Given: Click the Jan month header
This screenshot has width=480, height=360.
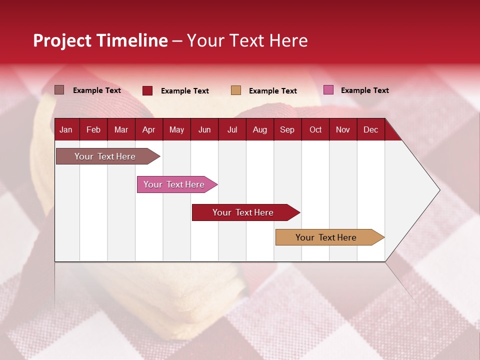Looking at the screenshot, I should point(66,129).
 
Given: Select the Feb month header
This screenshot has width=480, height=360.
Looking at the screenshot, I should point(93,129).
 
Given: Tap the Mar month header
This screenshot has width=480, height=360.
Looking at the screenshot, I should point(121,129).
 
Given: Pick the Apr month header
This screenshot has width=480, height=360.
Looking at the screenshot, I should point(148,129).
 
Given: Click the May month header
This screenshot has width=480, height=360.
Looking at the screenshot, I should point(176,129).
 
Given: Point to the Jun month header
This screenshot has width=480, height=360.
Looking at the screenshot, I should point(204,129).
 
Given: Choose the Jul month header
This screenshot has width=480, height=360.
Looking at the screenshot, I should point(232,129).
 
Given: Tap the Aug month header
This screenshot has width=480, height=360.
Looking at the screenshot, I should point(259,129).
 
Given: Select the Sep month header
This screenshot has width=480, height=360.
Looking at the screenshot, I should point(287,129).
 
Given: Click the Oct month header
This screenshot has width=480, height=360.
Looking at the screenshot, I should point(315,129).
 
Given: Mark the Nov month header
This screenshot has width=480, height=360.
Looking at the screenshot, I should point(343,129).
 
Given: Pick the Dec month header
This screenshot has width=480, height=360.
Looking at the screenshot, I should point(370,129).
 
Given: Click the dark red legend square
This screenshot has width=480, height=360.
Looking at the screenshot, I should point(147,90).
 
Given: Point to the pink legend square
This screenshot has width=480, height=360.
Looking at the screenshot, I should point(328,90).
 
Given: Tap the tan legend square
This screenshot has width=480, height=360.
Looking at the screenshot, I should point(236,90).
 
